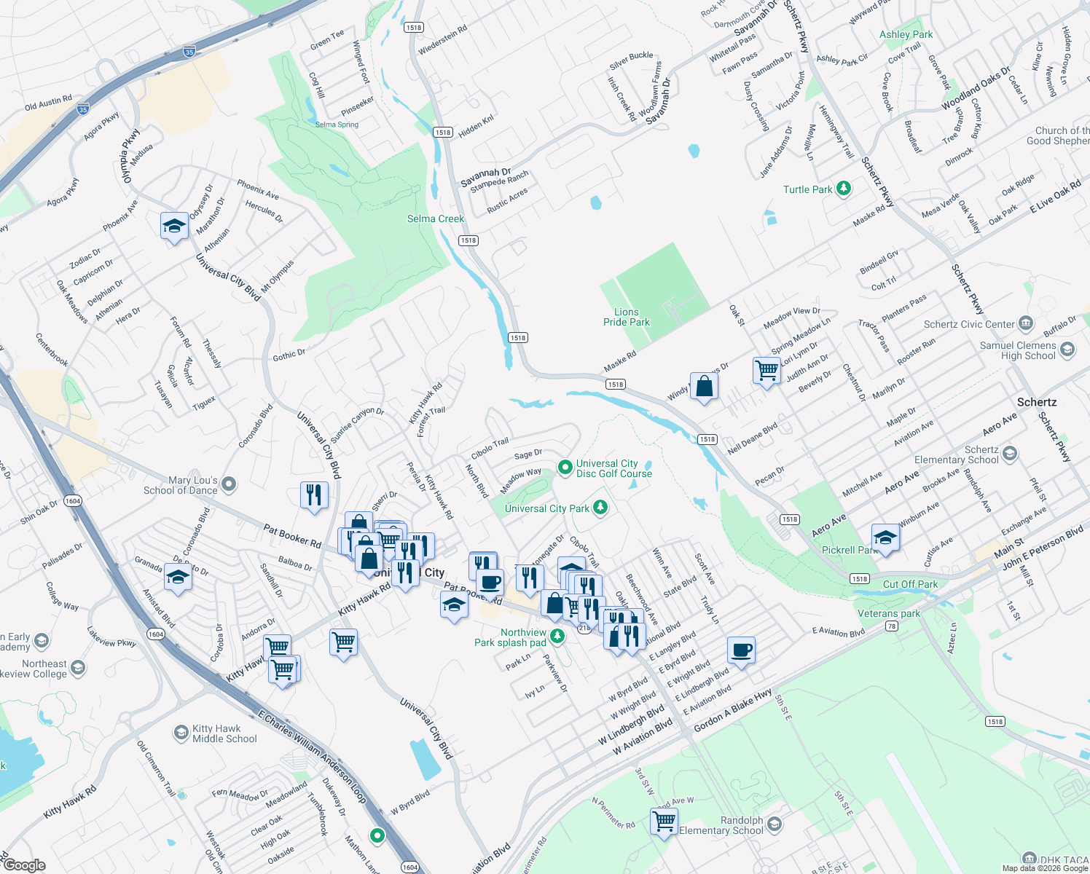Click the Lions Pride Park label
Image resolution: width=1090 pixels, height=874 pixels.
(626, 317)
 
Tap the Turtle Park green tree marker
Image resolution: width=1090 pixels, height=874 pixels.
(844, 189)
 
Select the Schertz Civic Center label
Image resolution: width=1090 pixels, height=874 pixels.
(969, 324)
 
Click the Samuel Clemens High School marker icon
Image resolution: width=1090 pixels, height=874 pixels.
(1067, 350)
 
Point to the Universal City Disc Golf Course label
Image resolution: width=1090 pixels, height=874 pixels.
(613, 468)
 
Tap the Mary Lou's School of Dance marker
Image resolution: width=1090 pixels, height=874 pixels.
(229, 484)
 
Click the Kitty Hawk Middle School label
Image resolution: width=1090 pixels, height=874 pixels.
(224, 733)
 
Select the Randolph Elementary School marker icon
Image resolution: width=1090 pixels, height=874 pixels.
(775, 824)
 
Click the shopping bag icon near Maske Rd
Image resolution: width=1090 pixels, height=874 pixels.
(705, 386)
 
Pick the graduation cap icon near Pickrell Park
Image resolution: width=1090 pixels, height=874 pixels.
(885, 538)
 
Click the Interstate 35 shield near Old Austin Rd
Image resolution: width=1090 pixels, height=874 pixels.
(83, 110)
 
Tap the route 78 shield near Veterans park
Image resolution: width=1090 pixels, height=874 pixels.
(891, 626)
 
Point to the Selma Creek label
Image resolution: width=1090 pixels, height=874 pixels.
(435, 219)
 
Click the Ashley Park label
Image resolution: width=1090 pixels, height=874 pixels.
(906, 34)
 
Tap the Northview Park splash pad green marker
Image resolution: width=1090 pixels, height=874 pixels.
(557, 637)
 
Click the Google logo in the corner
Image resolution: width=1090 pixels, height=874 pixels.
(24, 865)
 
